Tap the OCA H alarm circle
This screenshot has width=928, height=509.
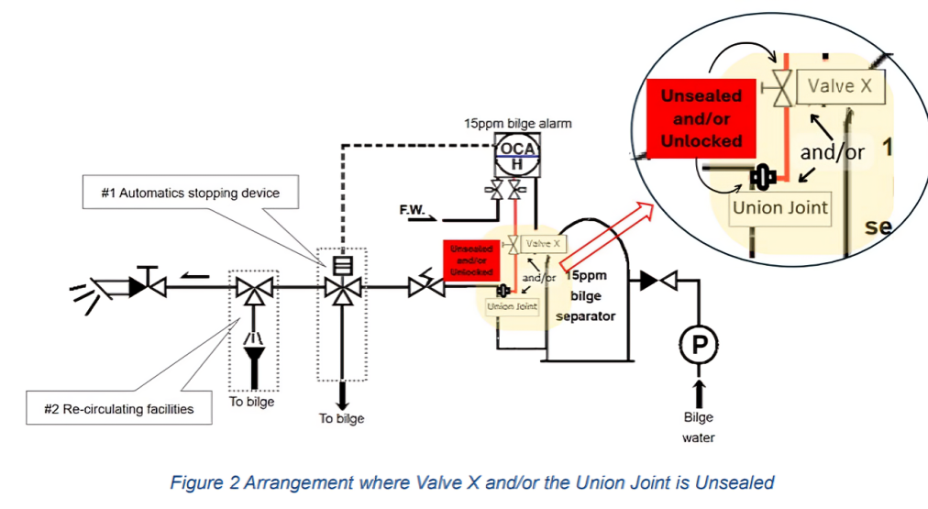[x=517, y=153]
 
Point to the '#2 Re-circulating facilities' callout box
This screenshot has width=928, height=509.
[x=120, y=409]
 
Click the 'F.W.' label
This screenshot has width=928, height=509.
[x=410, y=210]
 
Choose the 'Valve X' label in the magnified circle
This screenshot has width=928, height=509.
[x=841, y=87]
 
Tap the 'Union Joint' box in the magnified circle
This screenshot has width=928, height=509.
[x=779, y=207]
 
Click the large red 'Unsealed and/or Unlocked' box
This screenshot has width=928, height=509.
[x=702, y=118]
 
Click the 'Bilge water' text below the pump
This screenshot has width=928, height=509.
[x=698, y=427]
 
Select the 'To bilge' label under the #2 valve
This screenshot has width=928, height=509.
[x=251, y=402]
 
